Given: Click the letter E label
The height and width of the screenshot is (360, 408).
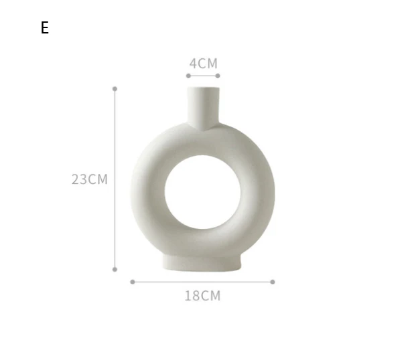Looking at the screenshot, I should coord(45,27).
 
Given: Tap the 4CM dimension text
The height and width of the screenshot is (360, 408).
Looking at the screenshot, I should coord(203,64).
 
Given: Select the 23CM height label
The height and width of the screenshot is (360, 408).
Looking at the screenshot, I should coord(90,179).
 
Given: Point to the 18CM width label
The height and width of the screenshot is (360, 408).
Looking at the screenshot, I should coord(202,295).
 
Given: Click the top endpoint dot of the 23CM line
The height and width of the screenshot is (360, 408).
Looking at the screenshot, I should coord(115,88).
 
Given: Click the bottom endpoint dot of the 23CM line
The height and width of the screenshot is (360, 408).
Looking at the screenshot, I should coord(115,269).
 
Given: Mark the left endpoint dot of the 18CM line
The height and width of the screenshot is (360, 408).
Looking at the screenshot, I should coord(133,282).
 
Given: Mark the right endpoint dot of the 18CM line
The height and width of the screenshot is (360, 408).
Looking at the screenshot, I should coord(273,282).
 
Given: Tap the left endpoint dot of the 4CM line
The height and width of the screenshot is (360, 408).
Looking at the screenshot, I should coord(188,76).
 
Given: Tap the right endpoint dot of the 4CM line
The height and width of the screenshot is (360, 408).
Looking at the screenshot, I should coord(218,76).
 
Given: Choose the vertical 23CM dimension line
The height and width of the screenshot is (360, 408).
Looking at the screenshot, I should coord(115,221).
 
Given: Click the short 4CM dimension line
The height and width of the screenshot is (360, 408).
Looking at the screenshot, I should coord(203,76).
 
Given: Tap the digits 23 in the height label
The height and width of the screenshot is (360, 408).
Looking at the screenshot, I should coord(80,179).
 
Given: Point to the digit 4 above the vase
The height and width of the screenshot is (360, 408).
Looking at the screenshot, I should coord(193,64).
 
